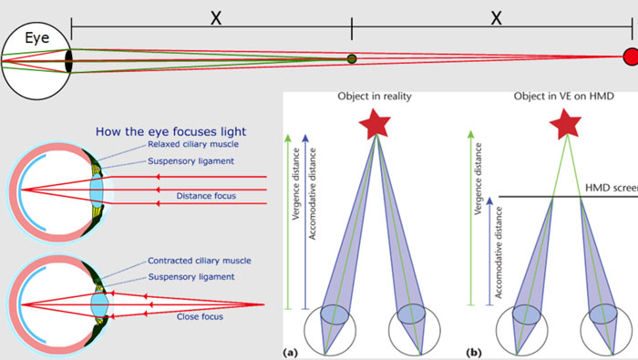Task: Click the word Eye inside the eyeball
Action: click(37, 38)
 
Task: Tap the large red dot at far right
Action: click(631, 57)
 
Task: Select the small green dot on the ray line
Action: click(352, 59)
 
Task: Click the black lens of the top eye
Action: click(68, 61)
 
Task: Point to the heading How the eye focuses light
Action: click(171, 131)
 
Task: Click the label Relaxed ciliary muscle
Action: click(193, 144)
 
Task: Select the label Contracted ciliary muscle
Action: click(200, 261)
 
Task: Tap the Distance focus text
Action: click(206, 196)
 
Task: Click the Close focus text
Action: click(200, 316)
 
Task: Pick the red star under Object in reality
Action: click(375, 123)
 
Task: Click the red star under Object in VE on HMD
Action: click(565, 123)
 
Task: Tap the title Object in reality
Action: click(375, 97)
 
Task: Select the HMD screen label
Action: click(612, 188)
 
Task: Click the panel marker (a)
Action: click(290, 353)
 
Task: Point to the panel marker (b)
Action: click(473, 353)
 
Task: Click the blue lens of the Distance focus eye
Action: click(97, 190)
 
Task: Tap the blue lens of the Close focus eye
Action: click(99, 304)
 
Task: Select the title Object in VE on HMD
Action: click(564, 97)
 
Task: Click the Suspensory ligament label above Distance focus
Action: click(190, 161)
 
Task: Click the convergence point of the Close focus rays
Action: click(264, 304)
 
